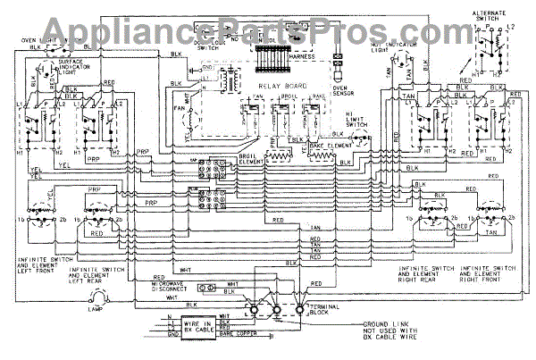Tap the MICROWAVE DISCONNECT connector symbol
(x=207, y=289)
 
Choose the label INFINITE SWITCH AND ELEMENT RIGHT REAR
(x=402, y=272)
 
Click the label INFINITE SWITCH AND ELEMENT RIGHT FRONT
(x=490, y=272)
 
